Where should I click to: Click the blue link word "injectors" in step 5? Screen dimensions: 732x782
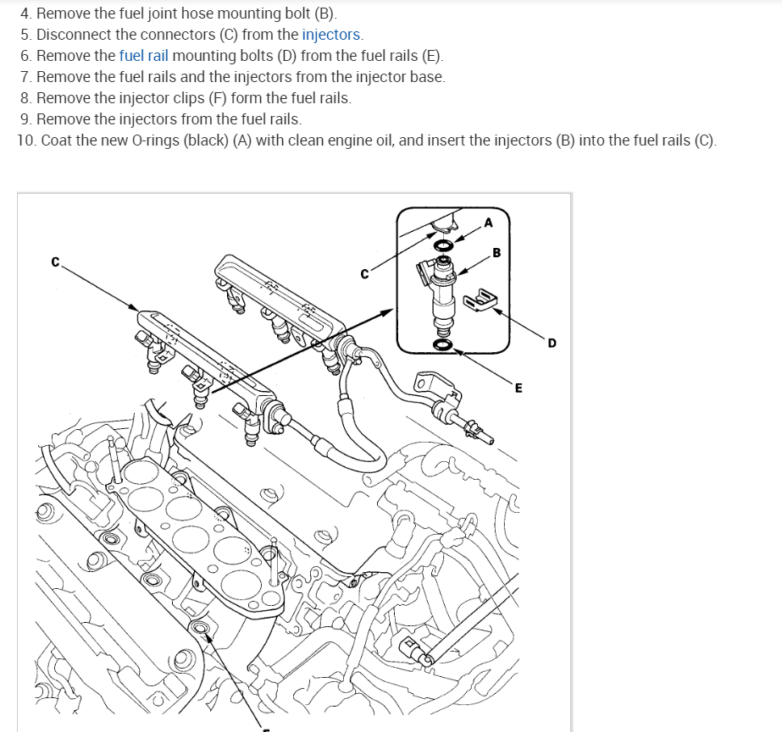(x=331, y=36)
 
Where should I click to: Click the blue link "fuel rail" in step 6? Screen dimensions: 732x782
(x=143, y=56)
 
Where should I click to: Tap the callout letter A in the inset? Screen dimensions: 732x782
(x=488, y=223)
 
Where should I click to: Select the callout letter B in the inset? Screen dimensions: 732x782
(x=496, y=251)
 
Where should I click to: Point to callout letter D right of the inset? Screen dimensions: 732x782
(x=552, y=343)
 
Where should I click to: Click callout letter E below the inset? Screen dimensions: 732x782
(x=519, y=388)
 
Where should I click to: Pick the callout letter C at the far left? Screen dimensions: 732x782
(x=55, y=262)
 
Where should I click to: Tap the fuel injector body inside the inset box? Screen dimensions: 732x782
(x=442, y=292)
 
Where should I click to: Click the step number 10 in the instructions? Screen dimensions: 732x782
(x=25, y=140)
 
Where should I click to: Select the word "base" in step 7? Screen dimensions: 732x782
(x=424, y=77)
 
